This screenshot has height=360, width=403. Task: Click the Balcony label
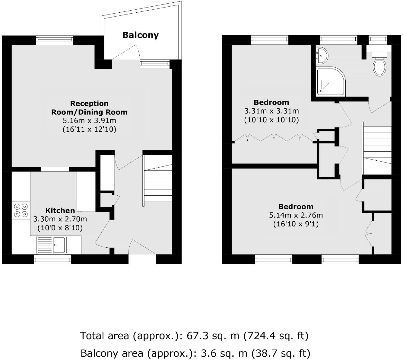coord(140,35)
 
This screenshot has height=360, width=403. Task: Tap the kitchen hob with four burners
coord(21,211)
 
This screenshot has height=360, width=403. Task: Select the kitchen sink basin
coord(59,245)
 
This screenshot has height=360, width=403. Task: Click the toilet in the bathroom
coord(379,66)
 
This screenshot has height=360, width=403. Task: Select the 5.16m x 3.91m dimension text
coord(89,121)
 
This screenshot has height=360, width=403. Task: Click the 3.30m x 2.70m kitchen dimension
coord(60,219)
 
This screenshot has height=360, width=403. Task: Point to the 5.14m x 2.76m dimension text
coord(296,215)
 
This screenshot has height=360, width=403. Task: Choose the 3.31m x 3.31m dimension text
coord(271,111)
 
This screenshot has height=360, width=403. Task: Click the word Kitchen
coord(60,211)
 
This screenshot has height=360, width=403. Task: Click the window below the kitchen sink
coord(52,259)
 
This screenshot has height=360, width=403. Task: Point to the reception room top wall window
coord(55,40)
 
